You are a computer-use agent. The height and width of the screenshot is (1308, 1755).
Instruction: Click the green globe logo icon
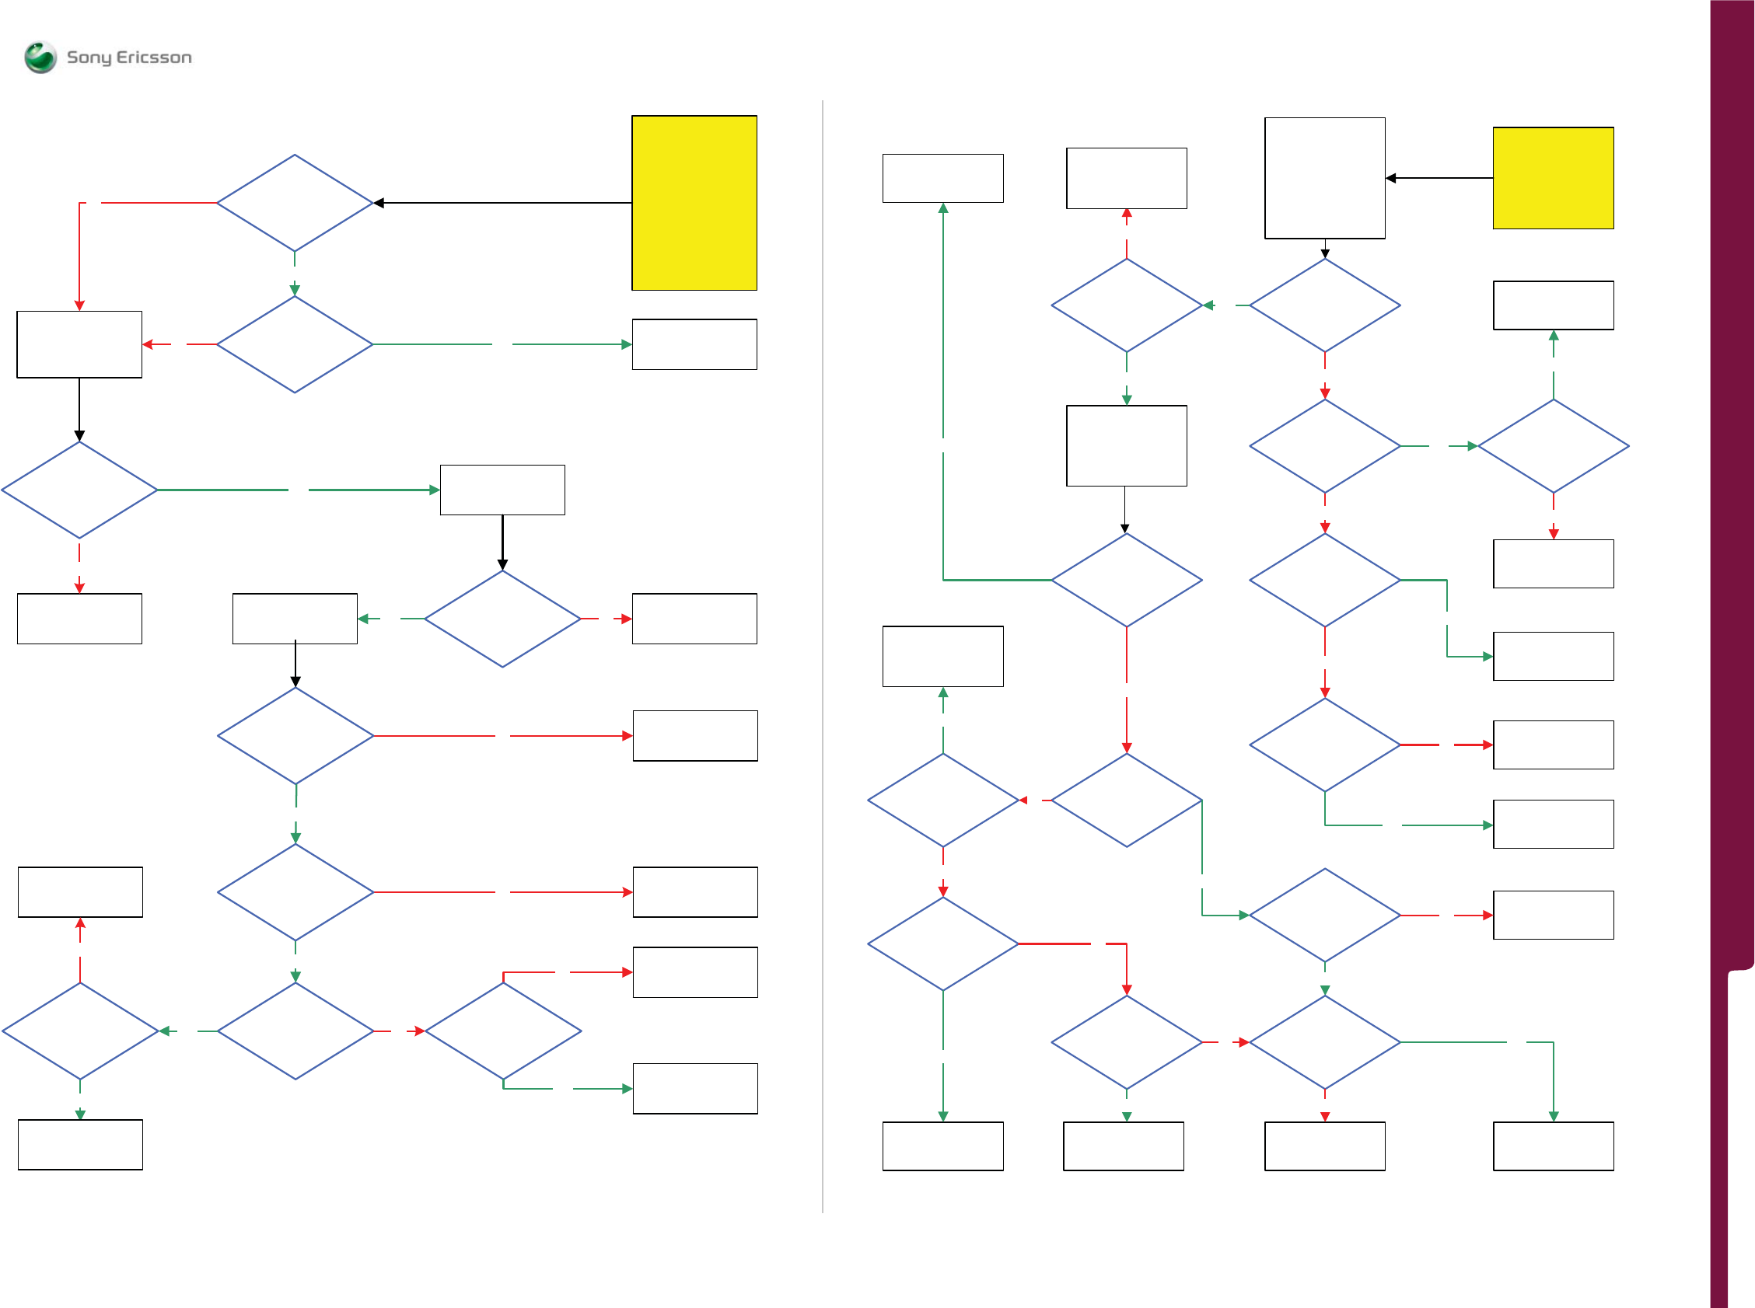(40, 57)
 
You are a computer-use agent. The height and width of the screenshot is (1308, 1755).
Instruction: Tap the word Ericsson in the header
(155, 58)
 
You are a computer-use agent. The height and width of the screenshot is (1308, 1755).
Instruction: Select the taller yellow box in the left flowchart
(694, 203)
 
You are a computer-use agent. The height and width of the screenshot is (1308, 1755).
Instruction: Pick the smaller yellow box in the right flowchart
(1552, 178)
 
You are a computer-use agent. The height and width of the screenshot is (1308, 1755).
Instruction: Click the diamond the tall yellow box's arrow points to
(295, 203)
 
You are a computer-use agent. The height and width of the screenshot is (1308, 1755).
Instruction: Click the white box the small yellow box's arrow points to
(1324, 178)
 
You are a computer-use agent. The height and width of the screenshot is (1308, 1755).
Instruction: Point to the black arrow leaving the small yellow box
(1439, 178)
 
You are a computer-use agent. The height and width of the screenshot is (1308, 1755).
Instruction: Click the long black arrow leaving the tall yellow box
(502, 203)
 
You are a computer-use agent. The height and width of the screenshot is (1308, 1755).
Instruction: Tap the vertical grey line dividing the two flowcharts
(823, 657)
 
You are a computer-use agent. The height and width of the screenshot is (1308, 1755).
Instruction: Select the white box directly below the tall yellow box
(694, 344)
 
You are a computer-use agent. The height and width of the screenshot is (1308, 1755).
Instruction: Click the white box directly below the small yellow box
(1552, 305)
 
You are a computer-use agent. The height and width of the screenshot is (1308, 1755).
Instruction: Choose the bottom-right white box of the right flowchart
(1552, 1146)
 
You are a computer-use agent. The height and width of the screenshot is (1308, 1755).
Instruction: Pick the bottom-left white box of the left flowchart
(80, 1144)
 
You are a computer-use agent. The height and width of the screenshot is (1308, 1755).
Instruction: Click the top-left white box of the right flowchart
(942, 178)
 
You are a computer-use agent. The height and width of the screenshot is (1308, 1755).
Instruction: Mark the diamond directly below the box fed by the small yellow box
(1324, 305)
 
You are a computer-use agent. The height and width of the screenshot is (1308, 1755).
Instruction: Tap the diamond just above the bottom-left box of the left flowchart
(80, 1031)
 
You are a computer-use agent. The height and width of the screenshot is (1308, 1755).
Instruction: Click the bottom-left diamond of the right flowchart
(942, 944)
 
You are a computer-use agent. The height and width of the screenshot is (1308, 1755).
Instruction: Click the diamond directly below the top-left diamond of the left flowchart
(295, 344)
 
